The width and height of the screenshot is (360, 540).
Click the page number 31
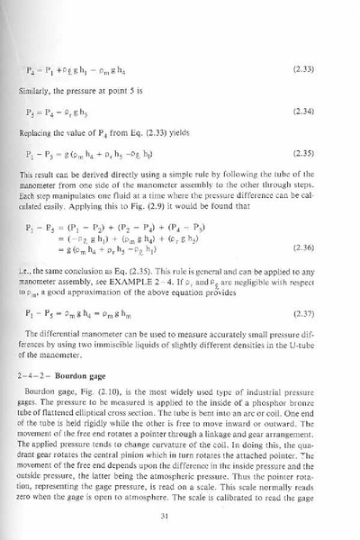pos(180,515)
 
